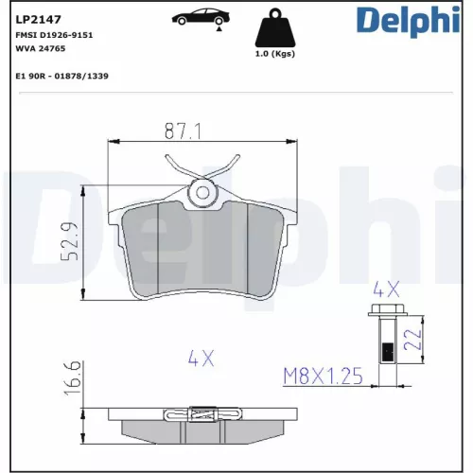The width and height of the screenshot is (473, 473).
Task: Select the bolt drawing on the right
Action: coord(385,345)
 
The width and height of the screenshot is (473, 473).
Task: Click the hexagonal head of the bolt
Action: coord(385,315)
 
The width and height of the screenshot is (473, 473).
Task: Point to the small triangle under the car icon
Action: coord(219,30)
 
